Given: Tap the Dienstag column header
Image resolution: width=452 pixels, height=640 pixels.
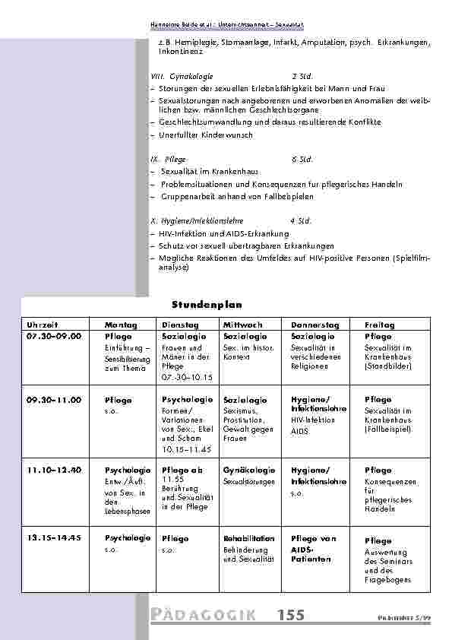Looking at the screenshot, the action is pyautogui.click(x=177, y=325).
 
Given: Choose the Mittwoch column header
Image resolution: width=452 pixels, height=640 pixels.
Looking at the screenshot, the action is pyautogui.click(x=242, y=325).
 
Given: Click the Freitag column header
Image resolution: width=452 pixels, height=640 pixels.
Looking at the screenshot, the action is pyautogui.click(x=380, y=325).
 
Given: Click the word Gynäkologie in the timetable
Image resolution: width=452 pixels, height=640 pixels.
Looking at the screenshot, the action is pyautogui.click(x=245, y=470).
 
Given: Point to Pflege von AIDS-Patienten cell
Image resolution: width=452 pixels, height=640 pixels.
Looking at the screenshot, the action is pyautogui.click(x=313, y=548).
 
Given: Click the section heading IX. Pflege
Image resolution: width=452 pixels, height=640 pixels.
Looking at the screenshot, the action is pyautogui.click(x=164, y=160).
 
